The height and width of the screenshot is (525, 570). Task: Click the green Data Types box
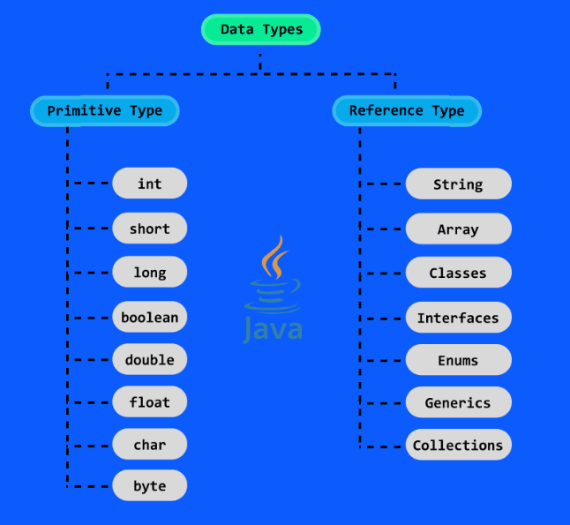point(260,29)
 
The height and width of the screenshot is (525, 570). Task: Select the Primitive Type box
point(105,110)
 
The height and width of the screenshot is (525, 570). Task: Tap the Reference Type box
point(407,110)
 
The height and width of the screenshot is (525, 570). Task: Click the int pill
point(149,184)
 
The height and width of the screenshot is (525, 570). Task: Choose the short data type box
point(149,229)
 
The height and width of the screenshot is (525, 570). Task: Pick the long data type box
point(149,273)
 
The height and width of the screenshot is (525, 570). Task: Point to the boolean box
point(149,317)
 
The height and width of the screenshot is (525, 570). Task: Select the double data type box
point(149,360)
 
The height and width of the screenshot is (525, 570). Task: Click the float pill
point(149,402)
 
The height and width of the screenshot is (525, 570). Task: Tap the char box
point(149,445)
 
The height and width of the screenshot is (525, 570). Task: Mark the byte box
point(149,486)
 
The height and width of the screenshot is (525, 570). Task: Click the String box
point(458,184)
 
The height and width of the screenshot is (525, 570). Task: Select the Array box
point(458,229)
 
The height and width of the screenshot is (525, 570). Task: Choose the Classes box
point(458,274)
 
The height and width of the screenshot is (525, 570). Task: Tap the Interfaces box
point(458,318)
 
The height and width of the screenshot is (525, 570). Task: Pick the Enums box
point(458,360)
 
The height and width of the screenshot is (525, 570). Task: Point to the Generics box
point(458,402)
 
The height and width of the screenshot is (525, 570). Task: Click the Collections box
point(458,446)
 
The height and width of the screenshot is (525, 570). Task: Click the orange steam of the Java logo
point(274,258)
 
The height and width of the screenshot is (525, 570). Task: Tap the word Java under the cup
point(273,329)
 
